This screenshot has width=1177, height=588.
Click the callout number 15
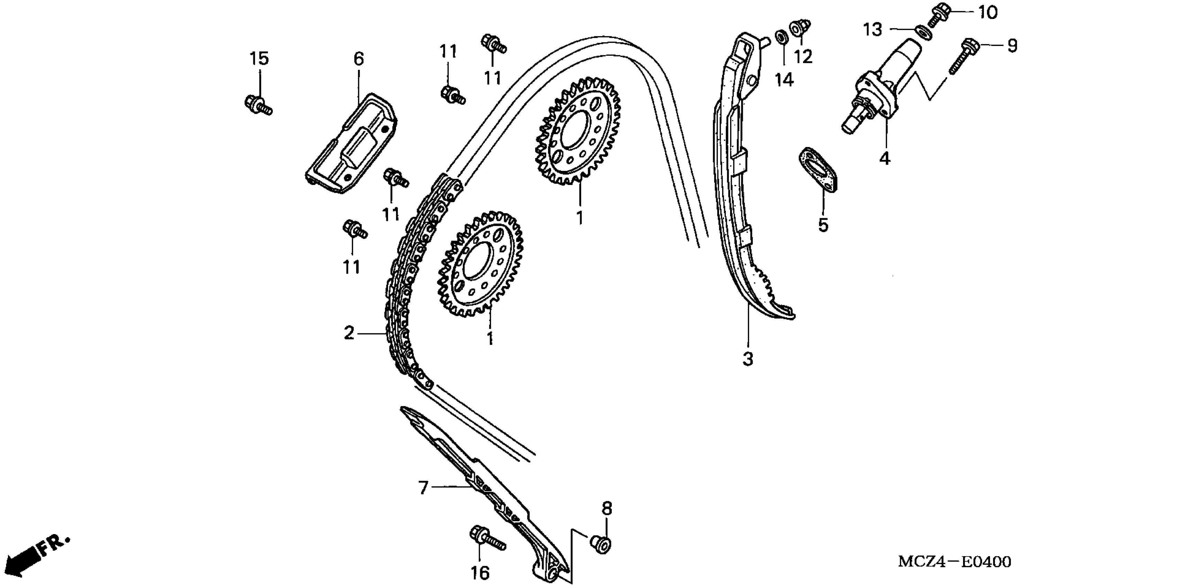[259, 59]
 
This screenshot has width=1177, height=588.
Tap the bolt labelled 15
[257, 104]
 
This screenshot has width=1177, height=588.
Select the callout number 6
[359, 59]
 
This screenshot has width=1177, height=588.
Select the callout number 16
[480, 573]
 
